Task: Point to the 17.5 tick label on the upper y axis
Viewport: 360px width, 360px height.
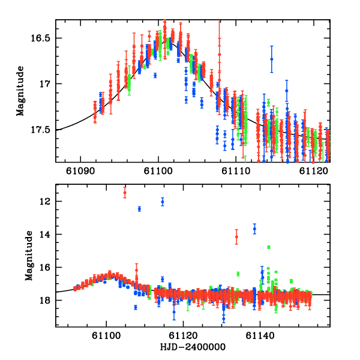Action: click(x=42, y=130)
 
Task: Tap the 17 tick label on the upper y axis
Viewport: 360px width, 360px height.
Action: click(x=47, y=83)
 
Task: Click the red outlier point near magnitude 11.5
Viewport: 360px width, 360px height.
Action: click(x=125, y=192)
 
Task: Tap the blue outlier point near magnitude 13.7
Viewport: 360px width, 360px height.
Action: click(x=254, y=229)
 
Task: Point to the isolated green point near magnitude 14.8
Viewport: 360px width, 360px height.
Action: click(x=269, y=247)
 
